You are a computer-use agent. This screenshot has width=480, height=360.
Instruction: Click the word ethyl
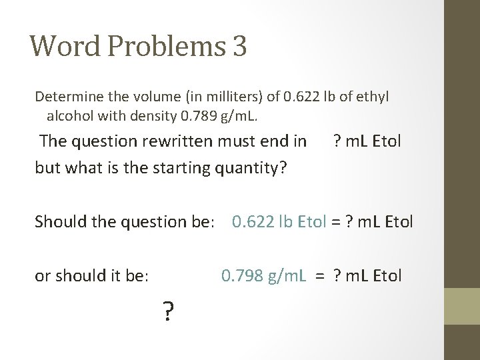(x=373, y=97)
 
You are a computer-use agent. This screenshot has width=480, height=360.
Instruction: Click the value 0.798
(x=242, y=275)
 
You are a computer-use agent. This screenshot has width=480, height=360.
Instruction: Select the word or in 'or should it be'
(x=43, y=275)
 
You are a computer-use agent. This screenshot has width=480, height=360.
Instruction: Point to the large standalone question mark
(x=168, y=311)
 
